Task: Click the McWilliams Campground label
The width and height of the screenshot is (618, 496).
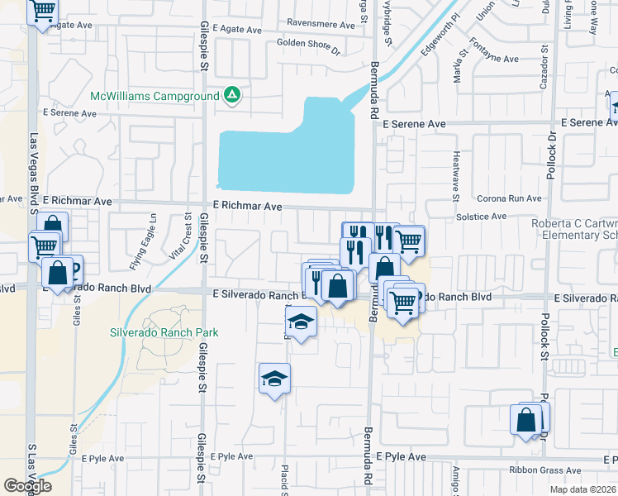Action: coord(154,95)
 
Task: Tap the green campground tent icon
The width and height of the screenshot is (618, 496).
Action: coord(233,95)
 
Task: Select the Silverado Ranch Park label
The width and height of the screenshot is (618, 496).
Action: coord(164,332)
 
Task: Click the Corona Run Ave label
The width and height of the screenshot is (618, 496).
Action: coord(509,198)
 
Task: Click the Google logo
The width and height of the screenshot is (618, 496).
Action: coord(28,485)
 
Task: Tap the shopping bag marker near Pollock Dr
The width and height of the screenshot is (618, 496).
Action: coord(526,420)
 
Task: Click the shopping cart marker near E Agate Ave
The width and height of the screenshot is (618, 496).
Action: coord(42,12)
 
